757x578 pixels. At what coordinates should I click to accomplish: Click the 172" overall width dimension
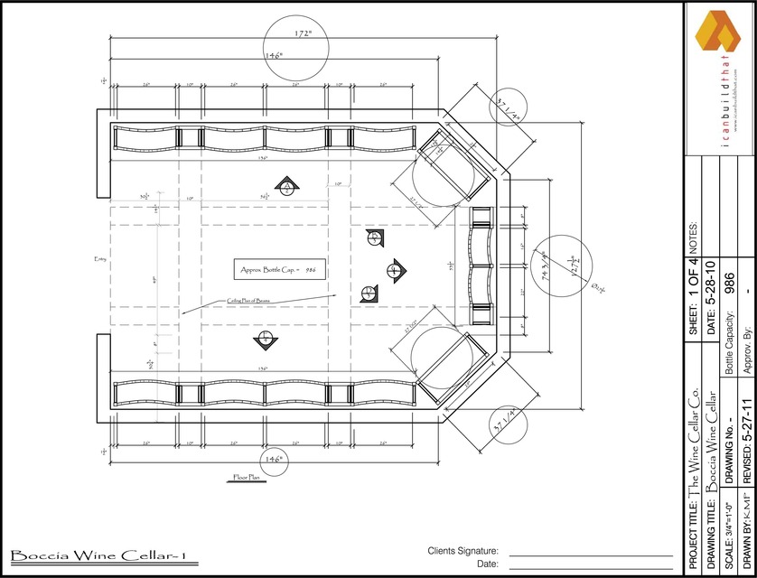(303, 33)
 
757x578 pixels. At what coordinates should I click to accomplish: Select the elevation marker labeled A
(286, 187)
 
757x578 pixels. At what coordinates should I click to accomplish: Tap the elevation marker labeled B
(374, 238)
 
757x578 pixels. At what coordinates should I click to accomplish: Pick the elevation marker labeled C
(394, 269)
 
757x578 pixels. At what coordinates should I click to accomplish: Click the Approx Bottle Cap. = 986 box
(276, 269)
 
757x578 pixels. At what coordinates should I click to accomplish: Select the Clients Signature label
(463, 551)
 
